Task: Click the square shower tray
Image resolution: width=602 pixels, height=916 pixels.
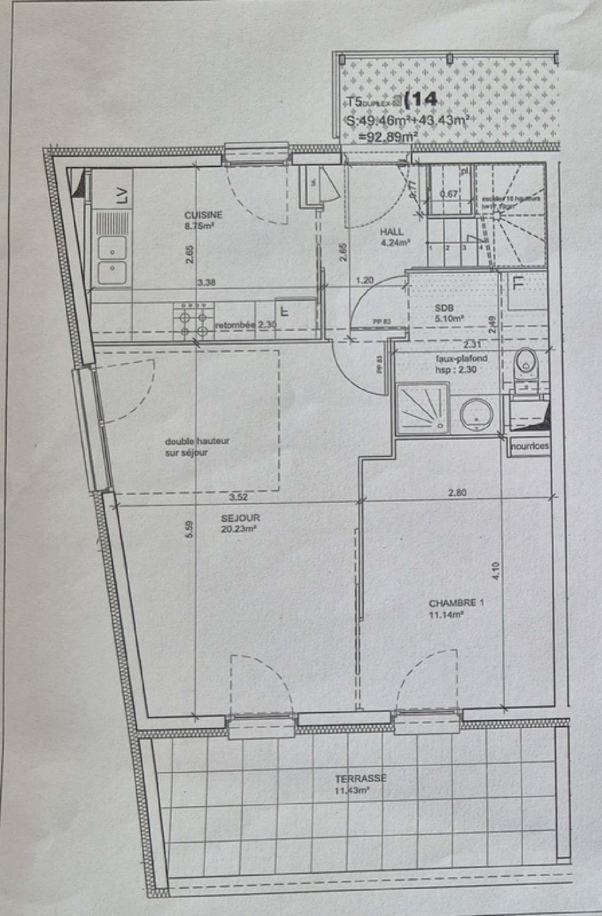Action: tap(422, 408)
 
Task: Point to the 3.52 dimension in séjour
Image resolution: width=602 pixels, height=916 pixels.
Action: tap(238, 497)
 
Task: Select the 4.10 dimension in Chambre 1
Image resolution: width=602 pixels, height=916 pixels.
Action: tap(496, 571)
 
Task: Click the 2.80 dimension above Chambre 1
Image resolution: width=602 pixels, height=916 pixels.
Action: tap(457, 492)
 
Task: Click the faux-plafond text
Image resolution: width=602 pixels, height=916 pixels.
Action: tap(460, 358)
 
